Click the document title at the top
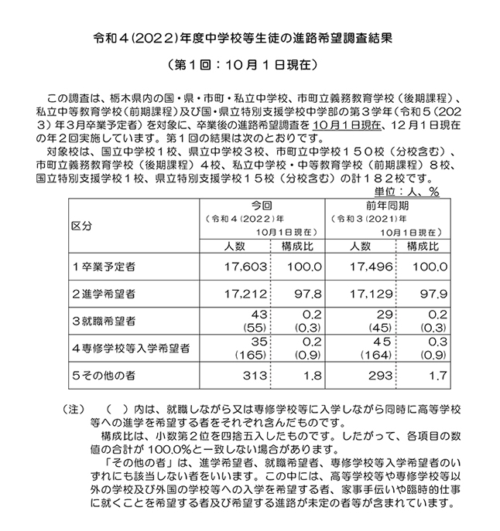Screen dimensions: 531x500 click(x=249, y=36)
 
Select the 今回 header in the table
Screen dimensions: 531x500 click(x=261, y=206)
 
